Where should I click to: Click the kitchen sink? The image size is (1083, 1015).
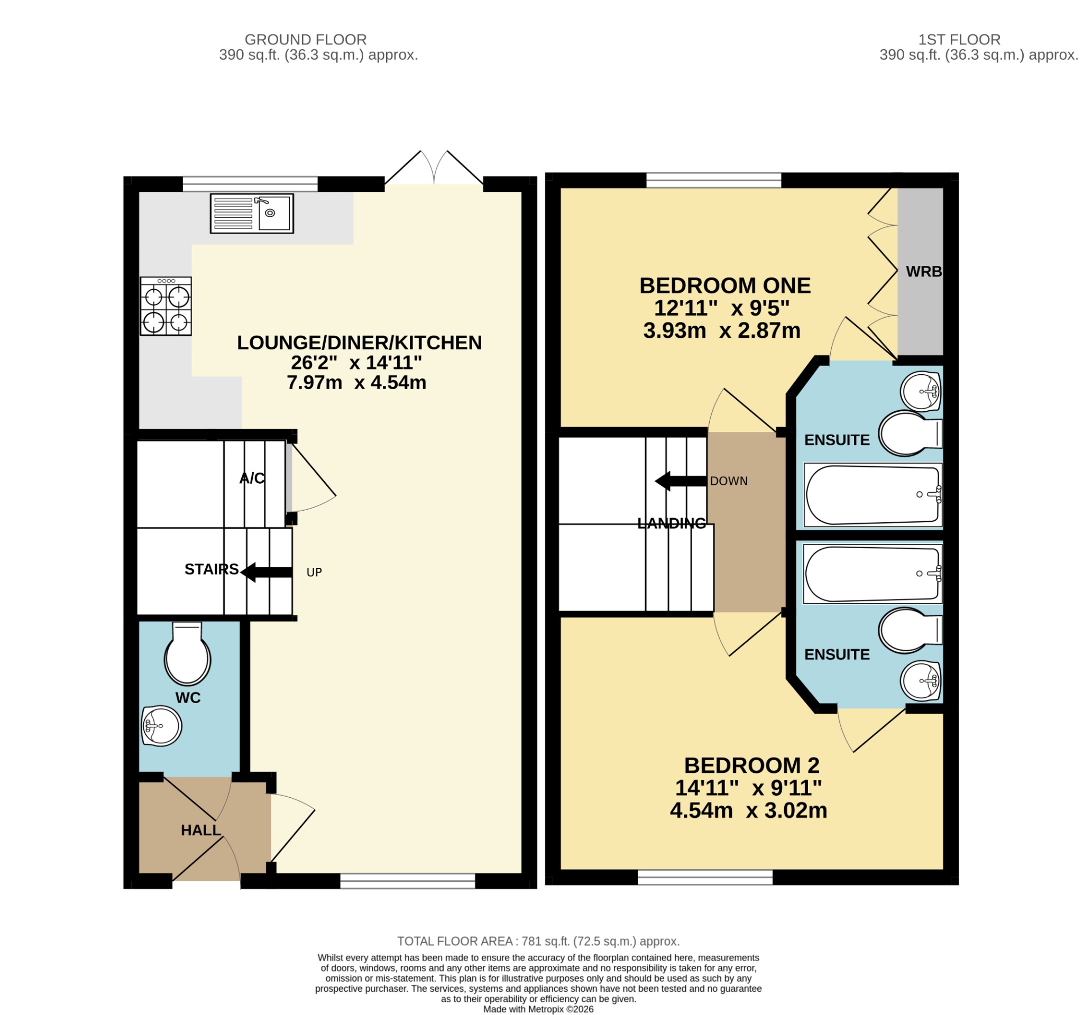[x=252, y=214]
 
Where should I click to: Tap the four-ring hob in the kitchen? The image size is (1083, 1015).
[x=166, y=307]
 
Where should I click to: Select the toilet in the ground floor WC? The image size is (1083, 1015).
[x=187, y=653]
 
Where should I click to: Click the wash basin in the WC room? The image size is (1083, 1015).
[x=161, y=726]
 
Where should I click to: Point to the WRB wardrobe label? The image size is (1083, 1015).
[x=924, y=271]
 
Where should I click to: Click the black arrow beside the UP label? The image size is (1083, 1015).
[x=267, y=573]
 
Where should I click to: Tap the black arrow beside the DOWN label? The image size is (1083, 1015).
[x=681, y=482]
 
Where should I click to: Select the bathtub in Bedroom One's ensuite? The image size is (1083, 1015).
[x=873, y=495]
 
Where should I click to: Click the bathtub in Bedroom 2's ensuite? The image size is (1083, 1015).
[x=873, y=574]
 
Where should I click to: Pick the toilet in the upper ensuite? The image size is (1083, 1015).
[x=910, y=433]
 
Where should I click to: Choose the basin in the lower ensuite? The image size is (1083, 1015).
[x=921, y=681]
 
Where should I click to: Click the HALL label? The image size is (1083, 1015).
[x=201, y=831]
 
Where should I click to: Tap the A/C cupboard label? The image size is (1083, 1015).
[x=252, y=478]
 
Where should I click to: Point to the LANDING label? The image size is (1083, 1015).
[x=672, y=523]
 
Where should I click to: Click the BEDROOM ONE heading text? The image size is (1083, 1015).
[x=725, y=285]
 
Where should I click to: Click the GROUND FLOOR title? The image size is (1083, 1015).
[x=306, y=40]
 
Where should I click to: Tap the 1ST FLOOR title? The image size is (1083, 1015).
[x=959, y=40]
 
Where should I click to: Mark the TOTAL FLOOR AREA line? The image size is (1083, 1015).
[x=538, y=942]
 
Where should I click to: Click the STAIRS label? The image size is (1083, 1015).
[x=212, y=569]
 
